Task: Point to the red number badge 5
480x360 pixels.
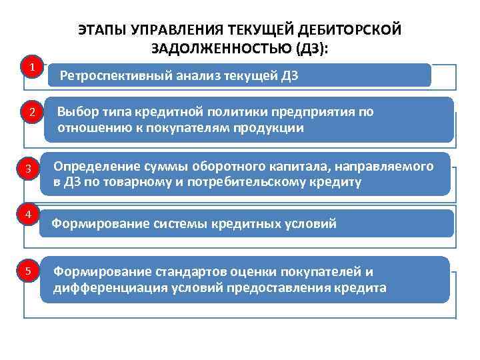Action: click(x=28, y=271)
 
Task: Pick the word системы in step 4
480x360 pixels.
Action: click(x=177, y=224)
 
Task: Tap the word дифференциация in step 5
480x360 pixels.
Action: click(x=102, y=288)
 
